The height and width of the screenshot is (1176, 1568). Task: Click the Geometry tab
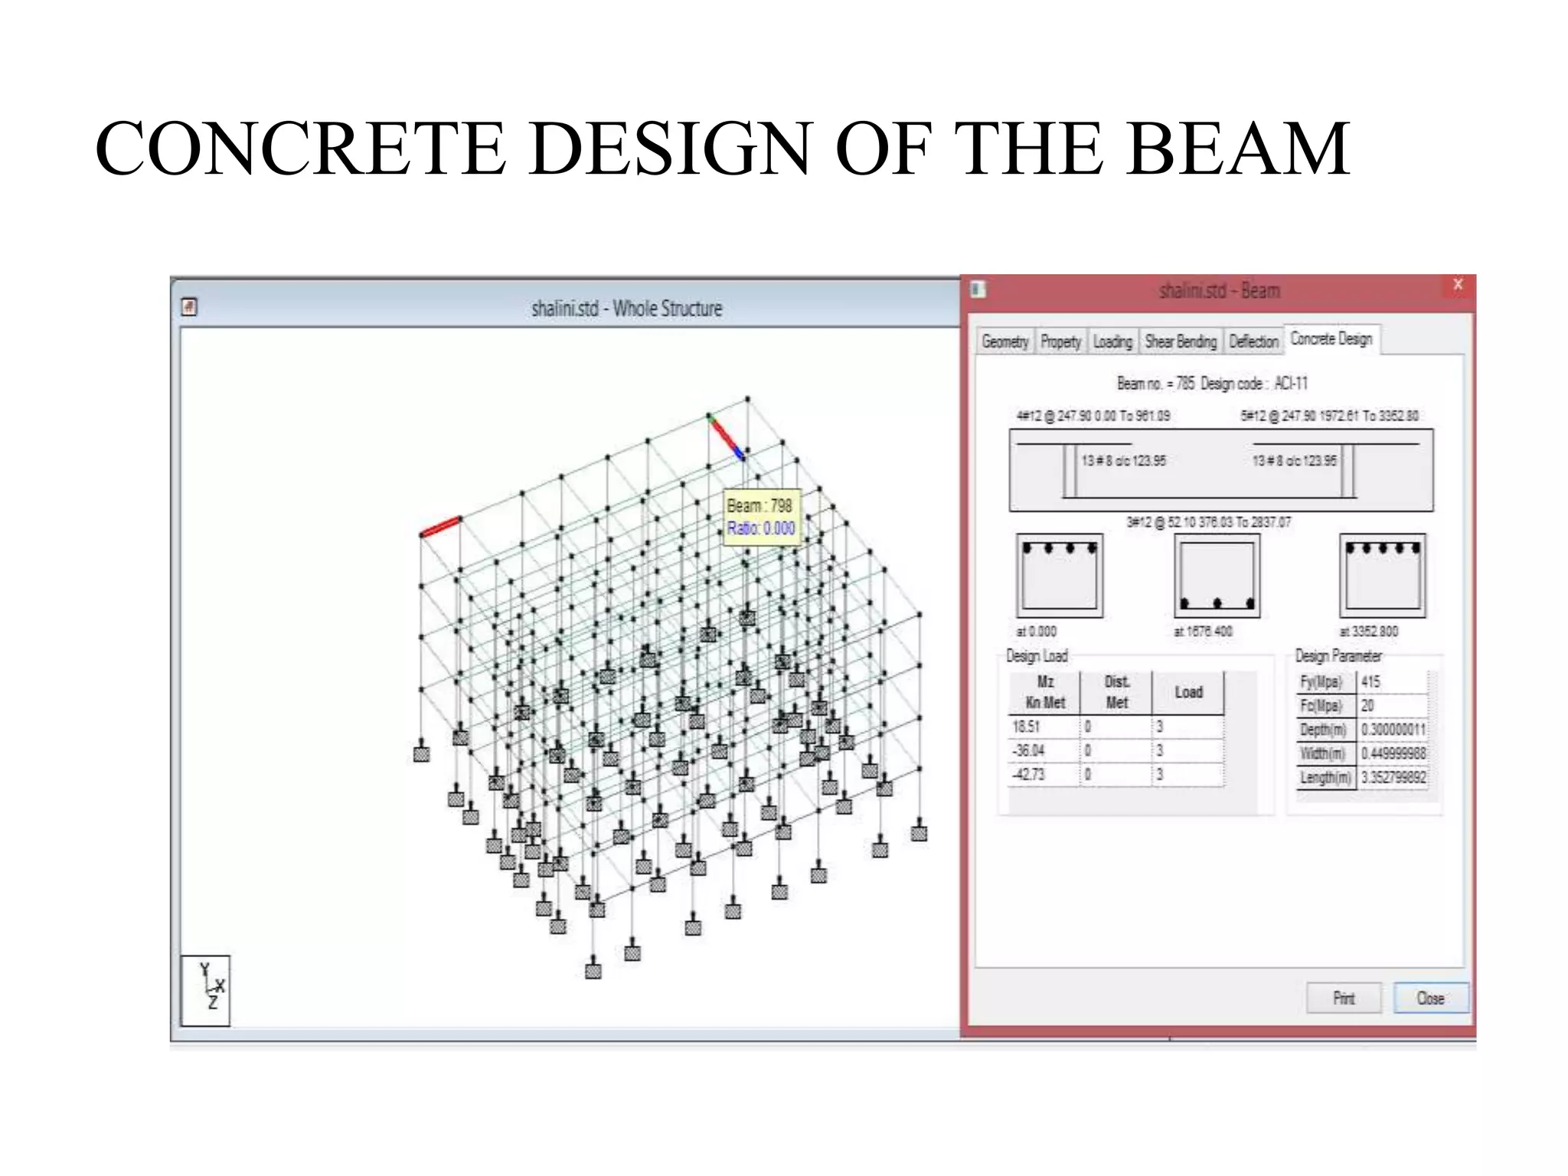pyautogui.click(x=1004, y=341)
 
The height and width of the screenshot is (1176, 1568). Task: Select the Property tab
pyautogui.click(x=1060, y=341)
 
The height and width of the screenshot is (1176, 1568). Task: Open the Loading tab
pyautogui.click(x=1112, y=341)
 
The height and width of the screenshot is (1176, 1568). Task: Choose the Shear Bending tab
pyautogui.click(x=1181, y=341)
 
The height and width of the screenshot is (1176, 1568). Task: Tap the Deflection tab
pyautogui.click(x=1253, y=341)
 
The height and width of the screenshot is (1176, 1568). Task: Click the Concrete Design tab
pyautogui.click(x=1331, y=339)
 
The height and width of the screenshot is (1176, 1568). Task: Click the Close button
pyautogui.click(x=1430, y=998)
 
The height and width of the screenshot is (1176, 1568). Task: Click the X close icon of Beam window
pyautogui.click(x=1458, y=285)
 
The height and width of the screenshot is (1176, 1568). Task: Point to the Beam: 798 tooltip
pyautogui.click(x=761, y=517)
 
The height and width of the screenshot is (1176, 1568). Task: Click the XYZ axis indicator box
pyautogui.click(x=205, y=990)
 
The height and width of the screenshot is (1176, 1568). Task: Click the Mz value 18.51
pyautogui.click(x=1027, y=727)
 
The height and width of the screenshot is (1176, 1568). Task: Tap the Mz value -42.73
pyautogui.click(x=1028, y=775)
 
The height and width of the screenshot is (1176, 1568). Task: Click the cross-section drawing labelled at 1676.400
pyautogui.click(x=1217, y=576)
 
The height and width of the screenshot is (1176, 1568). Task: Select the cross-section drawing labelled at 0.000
pyautogui.click(x=1060, y=576)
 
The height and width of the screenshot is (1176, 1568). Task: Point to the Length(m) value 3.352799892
pyautogui.click(x=1393, y=778)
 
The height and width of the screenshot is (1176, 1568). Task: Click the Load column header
pyautogui.click(x=1188, y=692)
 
